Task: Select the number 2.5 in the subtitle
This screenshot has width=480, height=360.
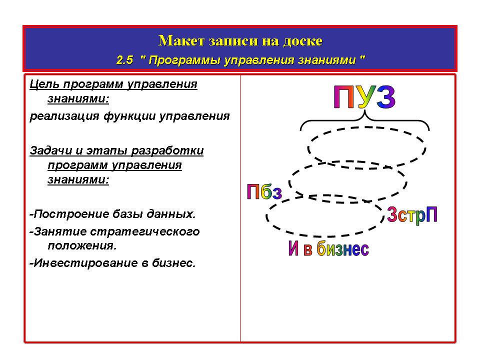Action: (x=125, y=59)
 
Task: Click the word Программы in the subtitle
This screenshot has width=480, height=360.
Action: (x=184, y=60)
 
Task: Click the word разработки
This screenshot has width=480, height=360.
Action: (x=167, y=150)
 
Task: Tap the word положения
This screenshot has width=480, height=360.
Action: (x=82, y=245)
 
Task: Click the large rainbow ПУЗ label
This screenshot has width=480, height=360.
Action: (x=364, y=97)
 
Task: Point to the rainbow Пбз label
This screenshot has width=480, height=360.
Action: (x=264, y=191)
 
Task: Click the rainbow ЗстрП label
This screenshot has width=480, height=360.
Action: (x=412, y=214)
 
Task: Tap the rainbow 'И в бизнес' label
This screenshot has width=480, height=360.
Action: (x=329, y=248)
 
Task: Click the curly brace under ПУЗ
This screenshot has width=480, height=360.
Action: (x=364, y=117)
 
